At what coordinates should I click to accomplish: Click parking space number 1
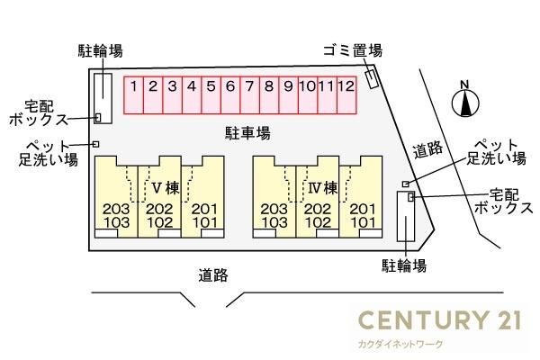133,95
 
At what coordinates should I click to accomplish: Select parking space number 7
249,95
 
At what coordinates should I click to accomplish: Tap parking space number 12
346,95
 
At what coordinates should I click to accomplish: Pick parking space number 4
192,95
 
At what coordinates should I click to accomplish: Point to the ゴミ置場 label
353,50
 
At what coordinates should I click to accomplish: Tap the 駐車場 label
247,133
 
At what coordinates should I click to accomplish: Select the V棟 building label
166,188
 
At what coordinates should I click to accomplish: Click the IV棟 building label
323,188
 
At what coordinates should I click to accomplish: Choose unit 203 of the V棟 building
116,209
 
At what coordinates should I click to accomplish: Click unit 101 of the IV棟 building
363,222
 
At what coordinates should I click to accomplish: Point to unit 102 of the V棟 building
160,222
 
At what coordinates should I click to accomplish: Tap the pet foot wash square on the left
96,144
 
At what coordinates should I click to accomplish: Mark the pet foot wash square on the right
406,184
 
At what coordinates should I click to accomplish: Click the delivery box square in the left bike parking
98,118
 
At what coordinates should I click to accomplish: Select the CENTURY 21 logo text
440,319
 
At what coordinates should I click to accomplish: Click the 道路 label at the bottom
213,275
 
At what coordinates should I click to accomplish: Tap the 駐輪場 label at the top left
100,51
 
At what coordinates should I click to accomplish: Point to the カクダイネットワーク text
400,344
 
